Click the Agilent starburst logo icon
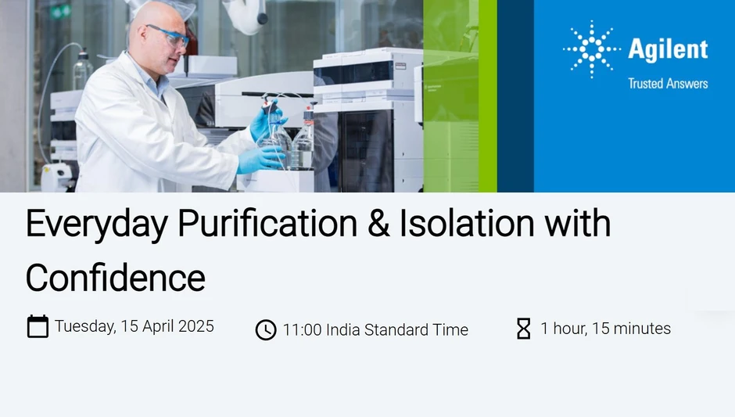(x=592, y=49)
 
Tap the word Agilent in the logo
(x=668, y=49)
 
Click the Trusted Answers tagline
(x=668, y=84)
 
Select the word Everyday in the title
(x=95, y=225)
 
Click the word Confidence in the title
(x=115, y=278)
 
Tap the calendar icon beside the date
(x=38, y=326)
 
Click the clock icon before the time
(x=266, y=329)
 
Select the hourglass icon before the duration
(x=524, y=329)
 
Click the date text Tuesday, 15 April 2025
(x=134, y=326)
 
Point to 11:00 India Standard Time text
(x=375, y=330)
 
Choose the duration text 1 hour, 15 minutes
(x=605, y=329)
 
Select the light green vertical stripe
(x=487, y=95)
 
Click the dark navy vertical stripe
(x=515, y=95)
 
